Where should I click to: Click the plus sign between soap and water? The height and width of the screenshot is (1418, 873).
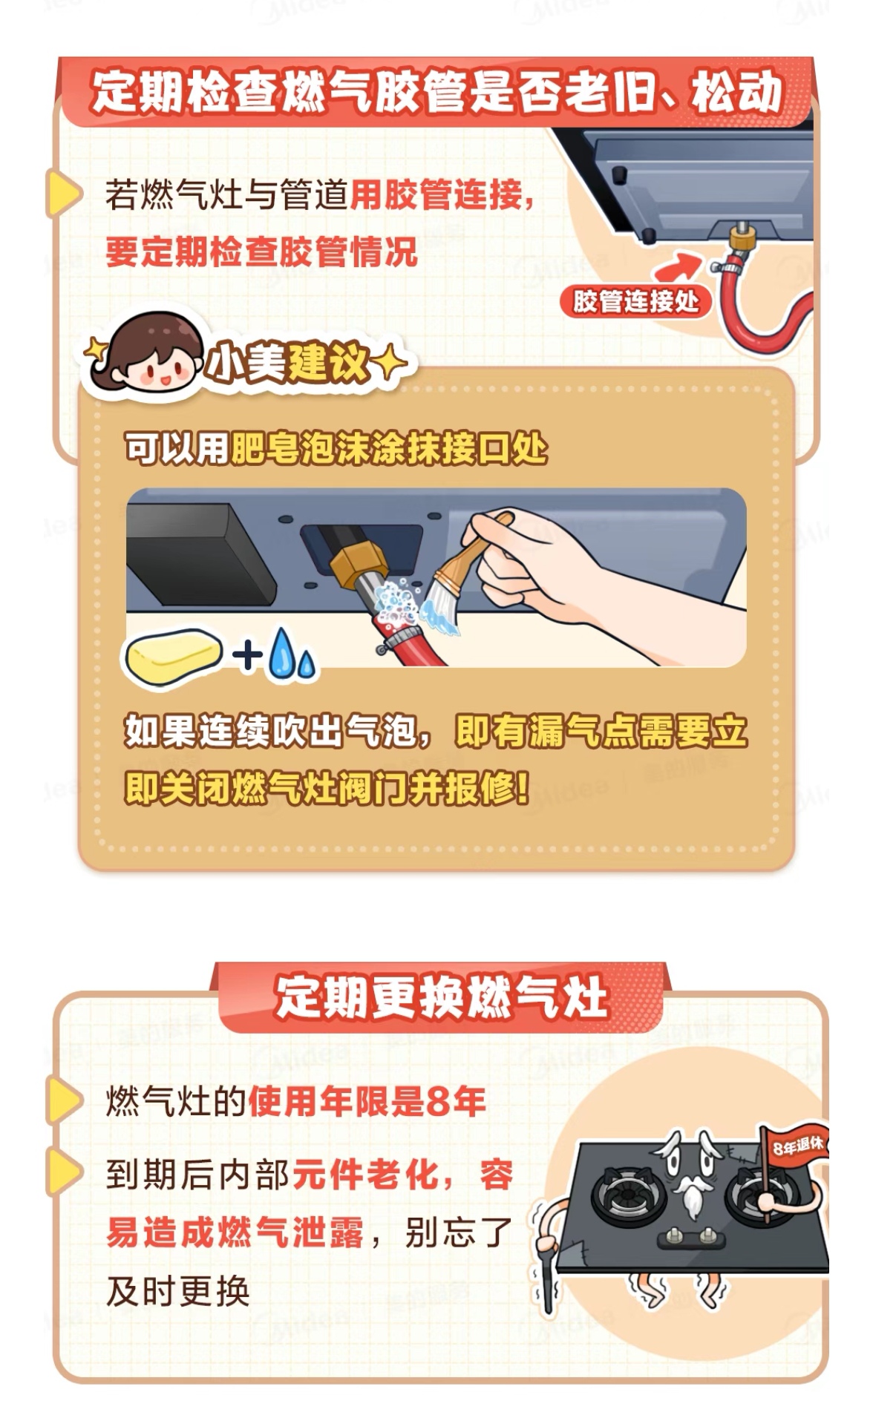pos(247,654)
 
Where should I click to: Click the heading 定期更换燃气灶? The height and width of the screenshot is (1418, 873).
pos(442,997)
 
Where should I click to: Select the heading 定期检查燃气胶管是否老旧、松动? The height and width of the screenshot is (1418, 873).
pos(437,92)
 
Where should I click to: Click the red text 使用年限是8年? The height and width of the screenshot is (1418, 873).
pos(367,1101)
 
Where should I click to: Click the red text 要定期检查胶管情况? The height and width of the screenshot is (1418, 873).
pos(262,252)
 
